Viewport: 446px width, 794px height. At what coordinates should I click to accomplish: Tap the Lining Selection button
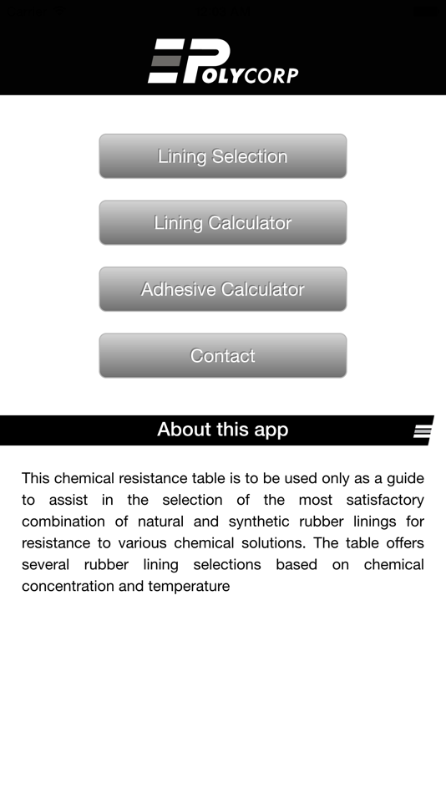point(222,156)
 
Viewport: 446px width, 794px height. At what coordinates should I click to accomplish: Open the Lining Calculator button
point(222,223)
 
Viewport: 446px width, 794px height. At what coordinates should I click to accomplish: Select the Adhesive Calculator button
point(222,289)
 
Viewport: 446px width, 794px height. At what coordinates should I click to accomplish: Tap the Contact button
point(222,356)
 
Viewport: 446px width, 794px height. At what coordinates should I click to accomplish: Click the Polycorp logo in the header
point(223,62)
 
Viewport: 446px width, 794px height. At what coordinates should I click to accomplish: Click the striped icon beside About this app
point(423,430)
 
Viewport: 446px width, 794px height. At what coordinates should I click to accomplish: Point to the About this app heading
point(222,430)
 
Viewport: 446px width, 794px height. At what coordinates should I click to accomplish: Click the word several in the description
point(46,565)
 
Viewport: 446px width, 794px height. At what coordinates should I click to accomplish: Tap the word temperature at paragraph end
point(189,587)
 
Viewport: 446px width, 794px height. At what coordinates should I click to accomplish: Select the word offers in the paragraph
point(404,543)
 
